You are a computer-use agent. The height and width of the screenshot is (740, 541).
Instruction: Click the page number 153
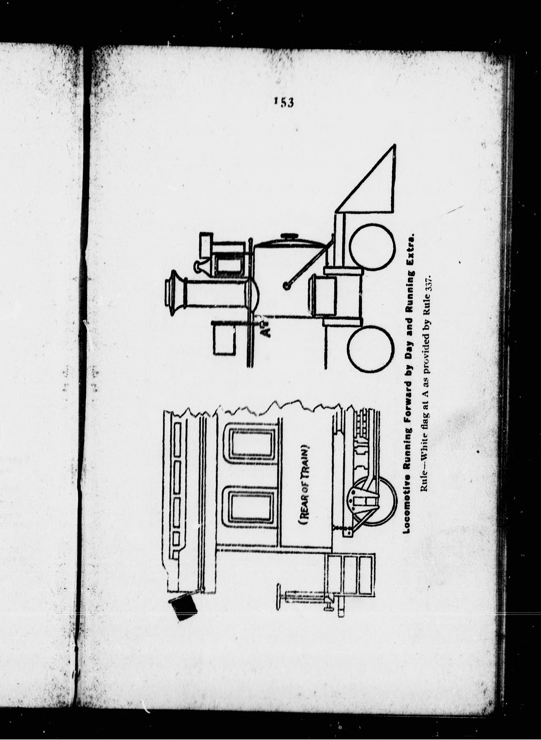pyautogui.click(x=284, y=102)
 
